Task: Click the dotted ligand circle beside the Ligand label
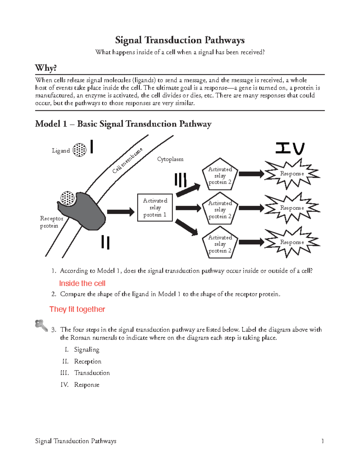tap(79, 150)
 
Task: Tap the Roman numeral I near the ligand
tap(91, 147)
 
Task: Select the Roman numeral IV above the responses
tap(290, 148)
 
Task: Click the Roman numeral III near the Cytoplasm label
tap(181, 180)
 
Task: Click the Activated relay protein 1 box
tap(155, 208)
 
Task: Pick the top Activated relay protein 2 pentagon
tap(220, 175)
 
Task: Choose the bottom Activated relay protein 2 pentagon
tap(220, 243)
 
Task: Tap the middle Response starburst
tap(292, 208)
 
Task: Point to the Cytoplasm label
tap(170, 159)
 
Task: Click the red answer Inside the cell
tap(82, 283)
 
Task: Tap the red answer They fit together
tap(77, 309)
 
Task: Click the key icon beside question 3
tap(41, 326)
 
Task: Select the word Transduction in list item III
tap(92, 373)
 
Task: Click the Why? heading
tap(46, 68)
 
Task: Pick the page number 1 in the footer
tap(322, 441)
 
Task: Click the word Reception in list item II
tap(88, 361)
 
